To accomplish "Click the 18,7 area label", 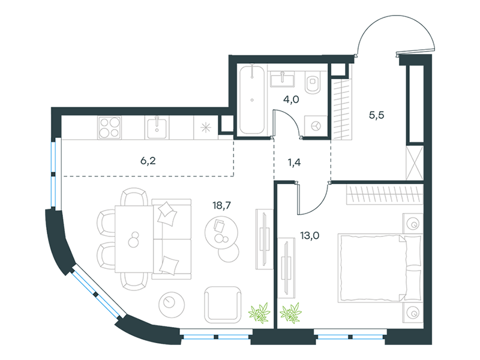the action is point(221,205).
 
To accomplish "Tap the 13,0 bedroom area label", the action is point(310,235).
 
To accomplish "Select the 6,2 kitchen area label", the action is point(148,161).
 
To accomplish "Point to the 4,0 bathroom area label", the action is point(291,100).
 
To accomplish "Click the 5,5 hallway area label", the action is point(376,115).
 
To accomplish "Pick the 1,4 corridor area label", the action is point(294,162).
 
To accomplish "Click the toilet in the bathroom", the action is point(312,82).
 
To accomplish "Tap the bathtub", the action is point(252,100).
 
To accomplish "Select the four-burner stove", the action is point(110,128).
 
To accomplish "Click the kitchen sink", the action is point(157,128).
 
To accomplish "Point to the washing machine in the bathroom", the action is point(316,125).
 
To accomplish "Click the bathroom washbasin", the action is point(282,79).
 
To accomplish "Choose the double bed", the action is point(380,268).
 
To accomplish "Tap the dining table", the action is point(134,239).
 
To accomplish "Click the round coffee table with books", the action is point(221,232).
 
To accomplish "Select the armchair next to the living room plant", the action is point(223,305).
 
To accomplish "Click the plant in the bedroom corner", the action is point(290,313).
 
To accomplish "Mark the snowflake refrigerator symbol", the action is point(206,128).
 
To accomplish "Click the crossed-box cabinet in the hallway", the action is point(415,163).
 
